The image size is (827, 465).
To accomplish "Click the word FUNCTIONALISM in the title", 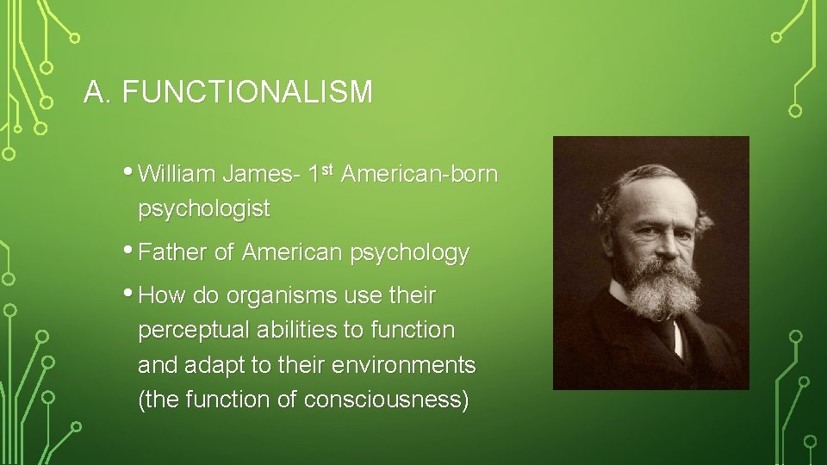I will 248,92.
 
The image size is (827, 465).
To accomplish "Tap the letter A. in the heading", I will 98,92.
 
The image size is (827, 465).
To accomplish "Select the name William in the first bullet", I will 177,175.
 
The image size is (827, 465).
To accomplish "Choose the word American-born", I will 420,175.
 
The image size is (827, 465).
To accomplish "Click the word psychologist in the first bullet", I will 204,209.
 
